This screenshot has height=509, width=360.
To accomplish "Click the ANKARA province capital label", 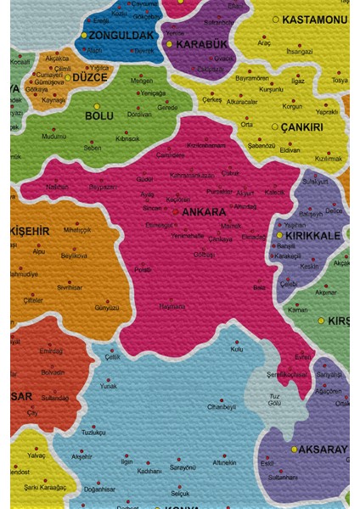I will point(205,212).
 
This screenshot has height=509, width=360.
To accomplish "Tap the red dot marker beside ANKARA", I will point(176,211).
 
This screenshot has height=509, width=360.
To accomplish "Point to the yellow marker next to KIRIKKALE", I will point(279,236).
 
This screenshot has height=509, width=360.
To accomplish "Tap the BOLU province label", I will point(99,115).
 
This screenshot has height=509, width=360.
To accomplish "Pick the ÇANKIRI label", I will point(303,127).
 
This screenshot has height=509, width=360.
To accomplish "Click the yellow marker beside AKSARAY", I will point(295,448).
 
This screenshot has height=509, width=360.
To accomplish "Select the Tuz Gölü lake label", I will point(274,399).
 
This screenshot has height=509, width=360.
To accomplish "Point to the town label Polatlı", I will point(143,270).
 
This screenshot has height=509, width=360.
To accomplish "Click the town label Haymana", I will point(172,306).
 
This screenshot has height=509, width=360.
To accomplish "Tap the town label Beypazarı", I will point(103,187).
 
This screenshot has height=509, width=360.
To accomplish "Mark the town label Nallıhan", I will point(57,187).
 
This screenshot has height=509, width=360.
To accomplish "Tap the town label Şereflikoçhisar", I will point(284,374).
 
